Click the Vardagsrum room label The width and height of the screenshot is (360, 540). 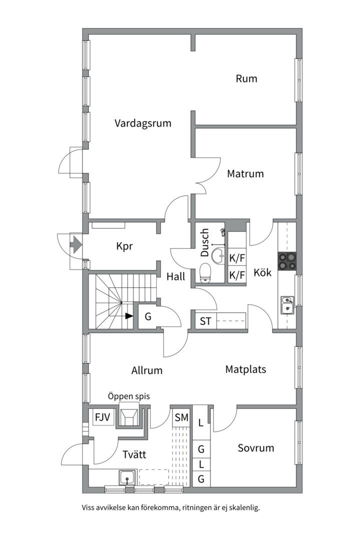pyautogui.click(x=142, y=123)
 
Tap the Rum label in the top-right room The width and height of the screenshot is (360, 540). pyautogui.click(x=246, y=78)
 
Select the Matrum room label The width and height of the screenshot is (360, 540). pyautogui.click(x=245, y=174)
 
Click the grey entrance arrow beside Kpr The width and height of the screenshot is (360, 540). pyautogui.click(x=75, y=245)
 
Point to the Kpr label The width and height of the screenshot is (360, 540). pyautogui.click(x=124, y=246)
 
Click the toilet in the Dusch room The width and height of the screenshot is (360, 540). pyautogui.click(x=205, y=273)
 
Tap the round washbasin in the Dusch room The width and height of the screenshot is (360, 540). pyautogui.click(x=218, y=255)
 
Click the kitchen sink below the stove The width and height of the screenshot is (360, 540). pyautogui.click(x=287, y=304)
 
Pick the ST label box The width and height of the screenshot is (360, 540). pyautogui.click(x=205, y=321)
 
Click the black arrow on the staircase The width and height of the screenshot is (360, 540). pyautogui.click(x=129, y=315)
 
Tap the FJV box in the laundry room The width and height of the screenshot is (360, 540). pyautogui.click(x=102, y=416)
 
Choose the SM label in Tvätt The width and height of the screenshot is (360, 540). pyautogui.click(x=181, y=417)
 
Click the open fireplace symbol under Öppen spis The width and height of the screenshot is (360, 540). pyautogui.click(x=129, y=416)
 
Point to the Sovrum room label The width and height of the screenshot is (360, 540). pyautogui.click(x=255, y=448)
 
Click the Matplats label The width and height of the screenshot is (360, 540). pyautogui.click(x=245, y=369)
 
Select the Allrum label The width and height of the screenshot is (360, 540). pyautogui.click(x=147, y=370)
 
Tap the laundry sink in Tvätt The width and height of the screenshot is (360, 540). pyautogui.click(x=127, y=477)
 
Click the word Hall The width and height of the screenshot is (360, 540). pyautogui.click(x=176, y=276)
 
